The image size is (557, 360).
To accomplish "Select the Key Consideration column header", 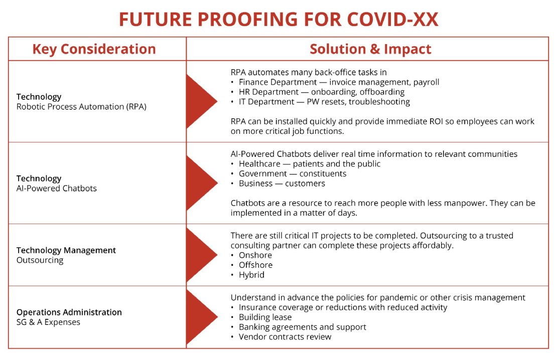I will [x=94, y=49].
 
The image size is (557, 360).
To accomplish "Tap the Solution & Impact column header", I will [x=370, y=49].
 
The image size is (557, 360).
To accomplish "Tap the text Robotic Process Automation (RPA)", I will [x=81, y=106].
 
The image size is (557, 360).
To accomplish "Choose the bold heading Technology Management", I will [x=66, y=250].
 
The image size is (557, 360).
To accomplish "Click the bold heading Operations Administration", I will [x=69, y=312].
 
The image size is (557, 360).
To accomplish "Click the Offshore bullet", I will [x=255, y=265].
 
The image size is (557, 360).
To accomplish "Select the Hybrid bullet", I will [x=251, y=275].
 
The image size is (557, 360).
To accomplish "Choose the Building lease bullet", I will [x=265, y=317].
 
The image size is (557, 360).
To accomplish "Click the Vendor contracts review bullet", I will [x=285, y=336].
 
